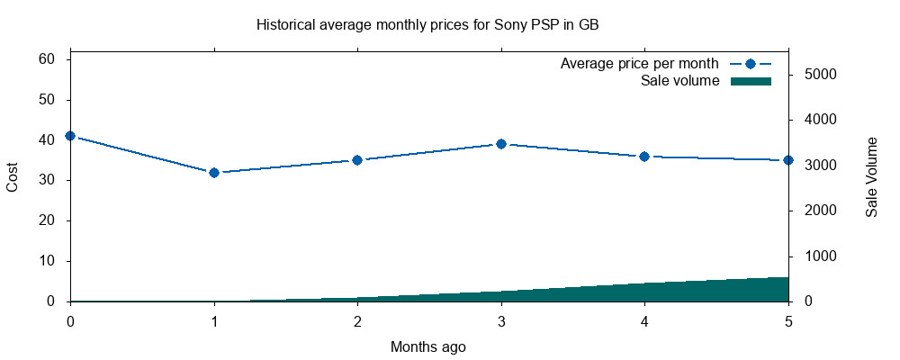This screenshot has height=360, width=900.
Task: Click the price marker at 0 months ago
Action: coord(70,136)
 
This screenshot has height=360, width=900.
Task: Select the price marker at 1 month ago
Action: coord(214,173)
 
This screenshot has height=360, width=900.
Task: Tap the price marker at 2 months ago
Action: coord(357,160)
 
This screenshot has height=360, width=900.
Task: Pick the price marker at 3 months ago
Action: coord(501,144)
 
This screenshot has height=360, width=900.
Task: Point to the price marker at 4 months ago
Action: coord(644,157)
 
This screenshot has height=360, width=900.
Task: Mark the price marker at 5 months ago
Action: coord(788,160)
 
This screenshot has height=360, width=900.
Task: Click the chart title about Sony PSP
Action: coord(427,25)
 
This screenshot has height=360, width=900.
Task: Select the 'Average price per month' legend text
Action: coord(639,64)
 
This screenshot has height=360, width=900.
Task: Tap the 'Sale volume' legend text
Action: coord(679,81)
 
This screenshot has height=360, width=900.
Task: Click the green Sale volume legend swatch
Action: coord(751,81)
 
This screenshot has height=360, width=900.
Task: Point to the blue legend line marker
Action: coord(751,64)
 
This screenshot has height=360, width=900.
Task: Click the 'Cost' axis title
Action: coord(13,176)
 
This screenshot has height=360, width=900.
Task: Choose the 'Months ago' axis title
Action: coord(428,346)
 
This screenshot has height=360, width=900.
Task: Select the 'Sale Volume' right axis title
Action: coord(871,176)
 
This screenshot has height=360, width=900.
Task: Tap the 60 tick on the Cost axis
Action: coord(47,59)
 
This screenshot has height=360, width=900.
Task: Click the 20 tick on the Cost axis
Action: coord(47,220)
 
